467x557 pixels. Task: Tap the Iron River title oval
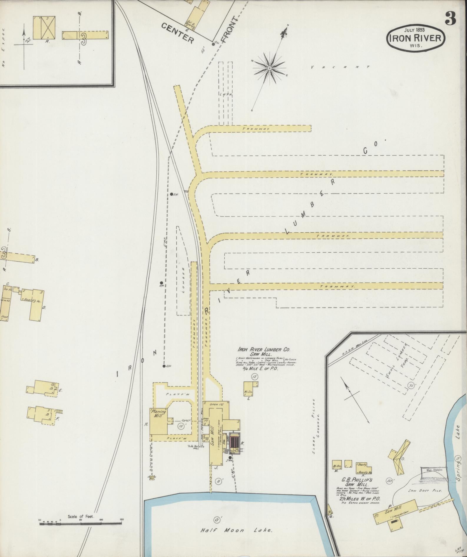tap(415, 38)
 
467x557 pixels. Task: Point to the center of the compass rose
tap(269, 68)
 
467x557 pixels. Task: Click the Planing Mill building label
tap(158, 413)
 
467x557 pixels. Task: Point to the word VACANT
tap(341, 67)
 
